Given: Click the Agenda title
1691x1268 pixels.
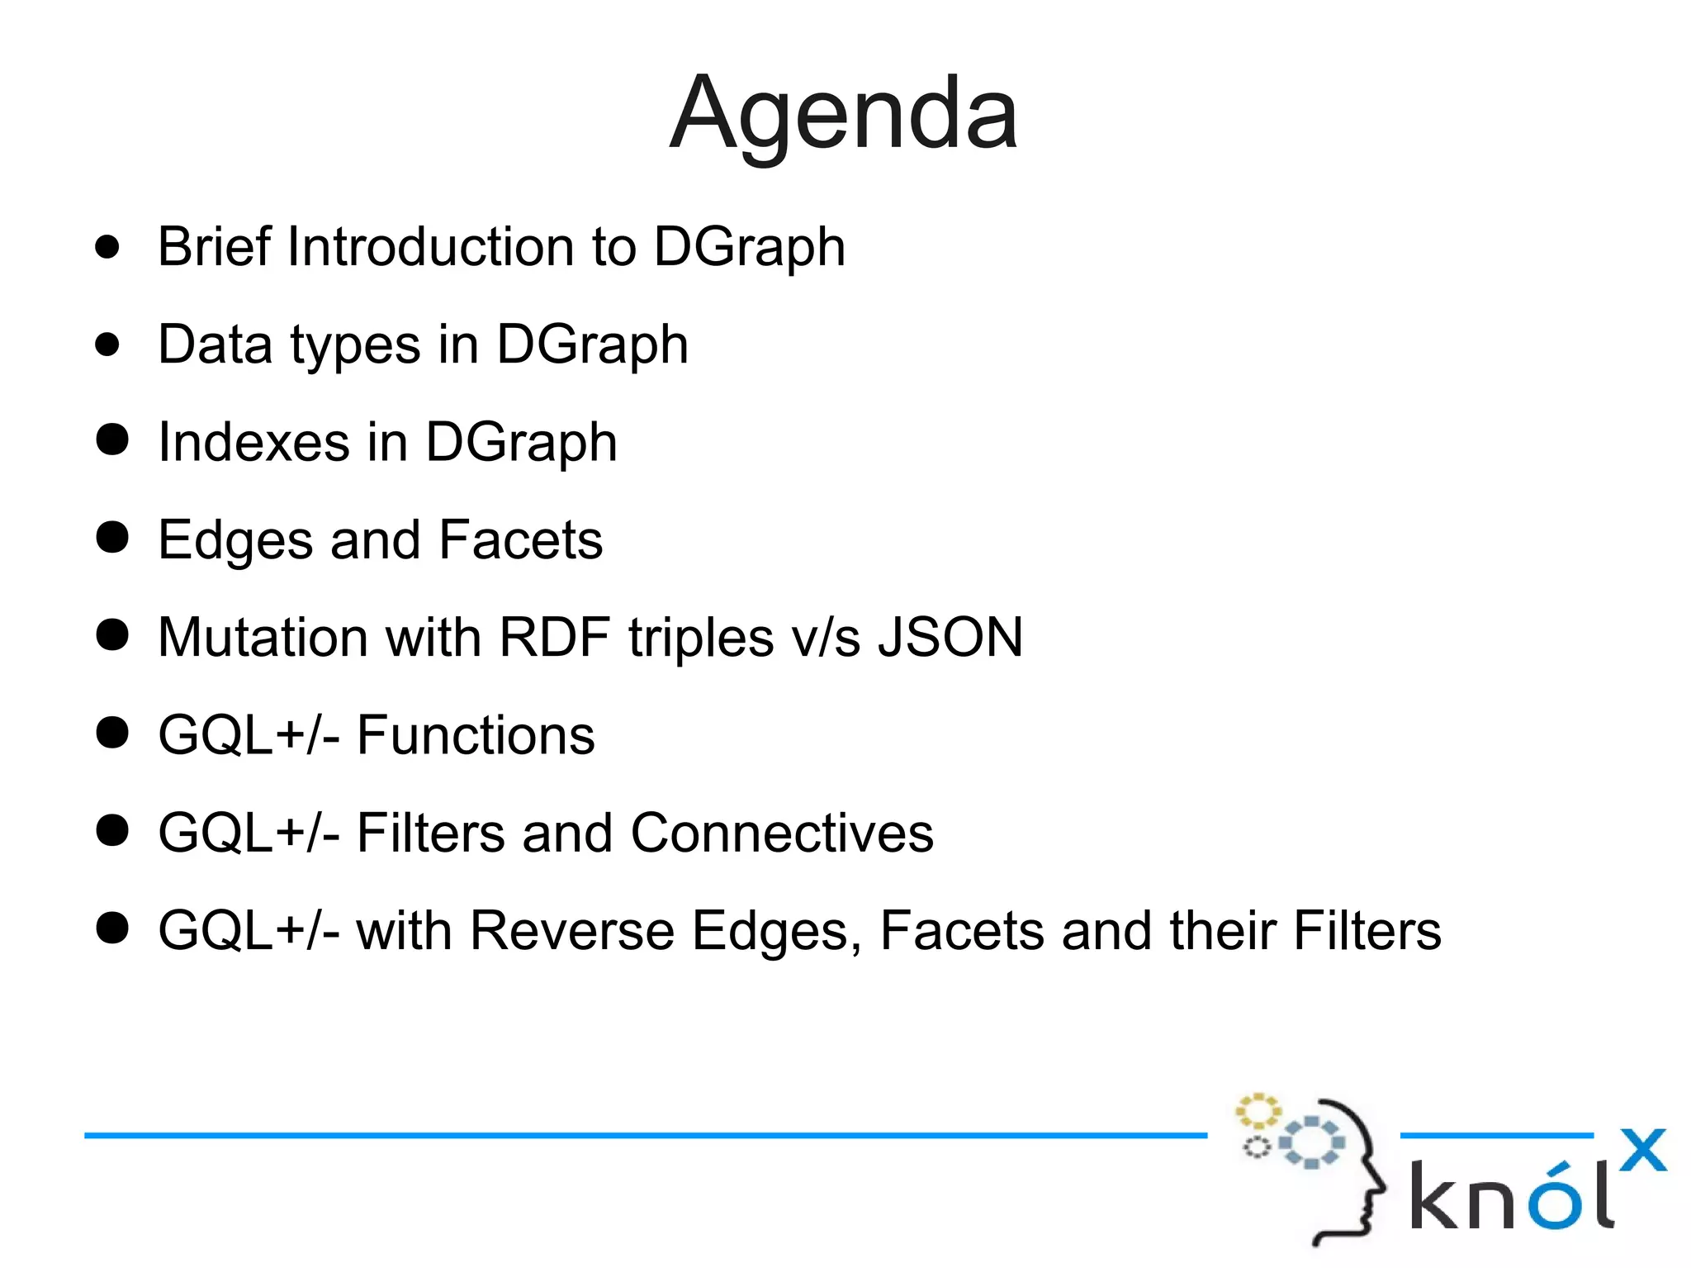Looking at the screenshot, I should tap(843, 114).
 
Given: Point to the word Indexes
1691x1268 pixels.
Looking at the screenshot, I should tap(253, 442).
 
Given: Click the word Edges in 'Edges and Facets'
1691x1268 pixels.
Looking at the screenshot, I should tap(235, 541).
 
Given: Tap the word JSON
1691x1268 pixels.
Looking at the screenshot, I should tap(950, 638).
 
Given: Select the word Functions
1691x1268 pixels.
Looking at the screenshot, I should tap(475, 735).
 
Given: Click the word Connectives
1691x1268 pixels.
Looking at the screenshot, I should tap(782, 833).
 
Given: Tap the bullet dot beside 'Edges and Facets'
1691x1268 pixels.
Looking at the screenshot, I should tap(112, 538).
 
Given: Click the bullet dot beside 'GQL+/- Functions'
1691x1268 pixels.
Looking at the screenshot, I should tap(112, 733).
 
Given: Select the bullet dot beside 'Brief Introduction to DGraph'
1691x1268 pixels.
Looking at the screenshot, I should tap(107, 246).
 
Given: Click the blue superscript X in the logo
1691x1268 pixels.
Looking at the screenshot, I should tap(1642, 1150).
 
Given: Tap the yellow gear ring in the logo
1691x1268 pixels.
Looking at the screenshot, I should tap(1258, 1112).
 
